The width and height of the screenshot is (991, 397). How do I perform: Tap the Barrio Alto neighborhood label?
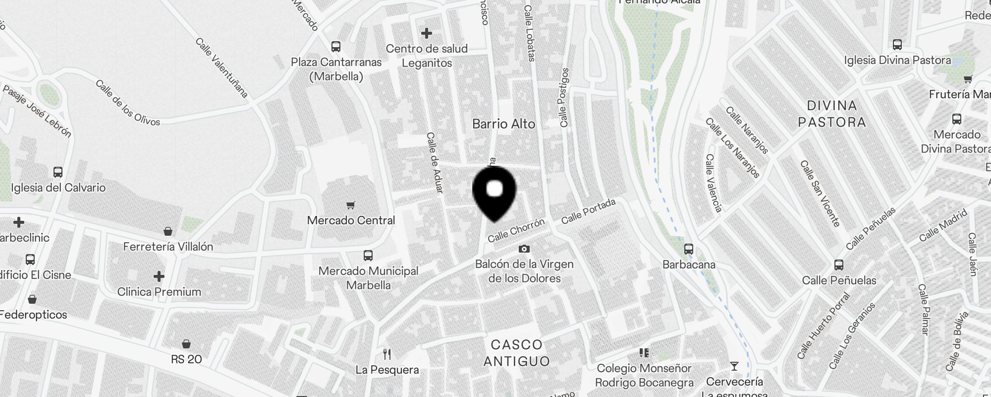[503, 124]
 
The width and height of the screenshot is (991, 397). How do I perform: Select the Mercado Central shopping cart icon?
[351, 205]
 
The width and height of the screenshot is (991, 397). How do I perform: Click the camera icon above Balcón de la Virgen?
[524, 249]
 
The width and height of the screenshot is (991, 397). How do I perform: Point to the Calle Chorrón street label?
[516, 231]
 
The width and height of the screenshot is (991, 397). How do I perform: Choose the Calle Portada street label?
[588, 211]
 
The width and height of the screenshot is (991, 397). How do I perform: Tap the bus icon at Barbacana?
[689, 249]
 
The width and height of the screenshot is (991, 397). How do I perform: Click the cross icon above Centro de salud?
[426, 33]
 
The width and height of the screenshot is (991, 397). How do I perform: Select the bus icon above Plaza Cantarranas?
[336, 47]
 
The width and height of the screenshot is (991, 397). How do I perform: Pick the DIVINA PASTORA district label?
[832, 114]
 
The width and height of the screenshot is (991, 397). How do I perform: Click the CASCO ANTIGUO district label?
[516, 353]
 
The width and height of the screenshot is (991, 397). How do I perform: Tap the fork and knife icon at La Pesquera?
[387, 354]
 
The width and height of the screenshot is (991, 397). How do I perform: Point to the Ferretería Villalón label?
[168, 247]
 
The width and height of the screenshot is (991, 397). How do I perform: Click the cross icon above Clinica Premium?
[159, 276]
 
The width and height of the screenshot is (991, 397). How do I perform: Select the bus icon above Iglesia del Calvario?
[58, 172]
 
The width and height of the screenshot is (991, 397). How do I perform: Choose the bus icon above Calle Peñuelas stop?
[839, 265]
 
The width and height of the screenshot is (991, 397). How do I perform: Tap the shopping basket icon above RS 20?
[186, 344]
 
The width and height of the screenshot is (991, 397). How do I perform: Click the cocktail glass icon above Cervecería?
[734, 366]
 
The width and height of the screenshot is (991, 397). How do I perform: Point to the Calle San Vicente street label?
[820, 193]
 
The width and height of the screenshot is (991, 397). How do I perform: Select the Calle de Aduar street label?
[435, 162]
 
